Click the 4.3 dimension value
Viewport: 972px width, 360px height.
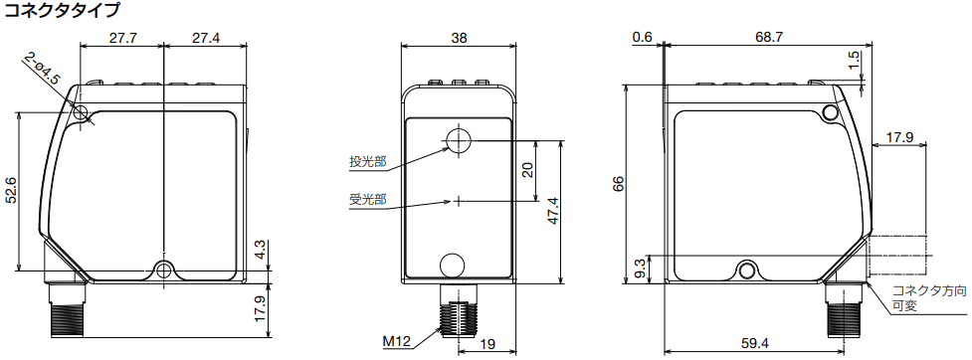(x=261, y=250)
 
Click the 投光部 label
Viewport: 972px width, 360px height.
(x=367, y=163)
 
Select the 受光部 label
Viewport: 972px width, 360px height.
(x=367, y=200)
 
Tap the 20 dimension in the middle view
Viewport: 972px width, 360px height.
(x=528, y=170)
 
